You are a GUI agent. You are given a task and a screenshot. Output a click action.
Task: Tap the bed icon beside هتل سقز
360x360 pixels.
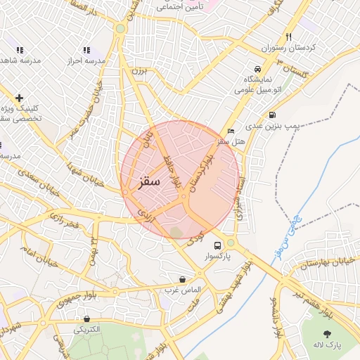(x=231, y=131)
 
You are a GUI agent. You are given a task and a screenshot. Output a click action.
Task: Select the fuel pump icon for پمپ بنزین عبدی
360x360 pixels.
(x=271, y=115)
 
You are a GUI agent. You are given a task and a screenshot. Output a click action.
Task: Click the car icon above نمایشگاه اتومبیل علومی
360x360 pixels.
(x=258, y=70)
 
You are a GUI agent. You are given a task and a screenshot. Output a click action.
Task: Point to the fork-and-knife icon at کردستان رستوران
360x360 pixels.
(x=288, y=37)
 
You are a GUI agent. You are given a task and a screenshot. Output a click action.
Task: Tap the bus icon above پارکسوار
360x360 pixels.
(x=217, y=246)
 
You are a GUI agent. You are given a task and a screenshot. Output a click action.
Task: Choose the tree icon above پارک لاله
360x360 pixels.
(x=326, y=334)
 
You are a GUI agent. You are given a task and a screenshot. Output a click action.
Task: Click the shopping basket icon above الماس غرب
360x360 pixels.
(x=183, y=279)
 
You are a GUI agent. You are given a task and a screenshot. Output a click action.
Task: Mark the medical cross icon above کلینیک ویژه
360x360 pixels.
(x=18, y=98)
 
